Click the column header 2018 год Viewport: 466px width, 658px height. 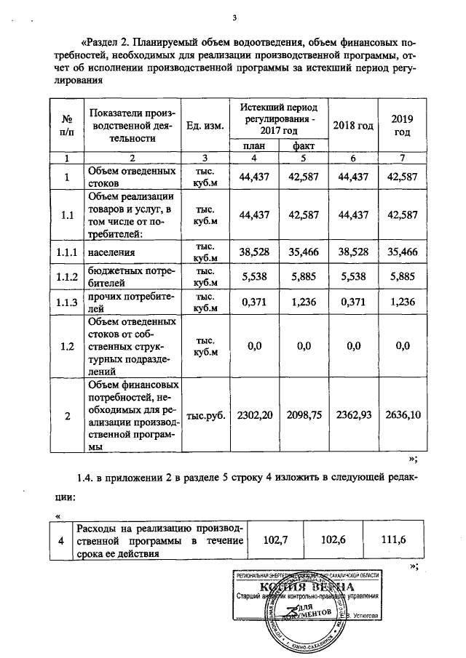click(353, 125)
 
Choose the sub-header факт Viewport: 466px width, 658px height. click(303, 147)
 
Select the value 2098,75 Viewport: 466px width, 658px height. click(304, 416)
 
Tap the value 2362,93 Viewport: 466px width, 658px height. click(353, 416)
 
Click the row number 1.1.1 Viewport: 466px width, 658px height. click(67, 251)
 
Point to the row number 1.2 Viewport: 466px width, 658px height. click(67, 346)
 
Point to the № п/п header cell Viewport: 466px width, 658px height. click(67, 125)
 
